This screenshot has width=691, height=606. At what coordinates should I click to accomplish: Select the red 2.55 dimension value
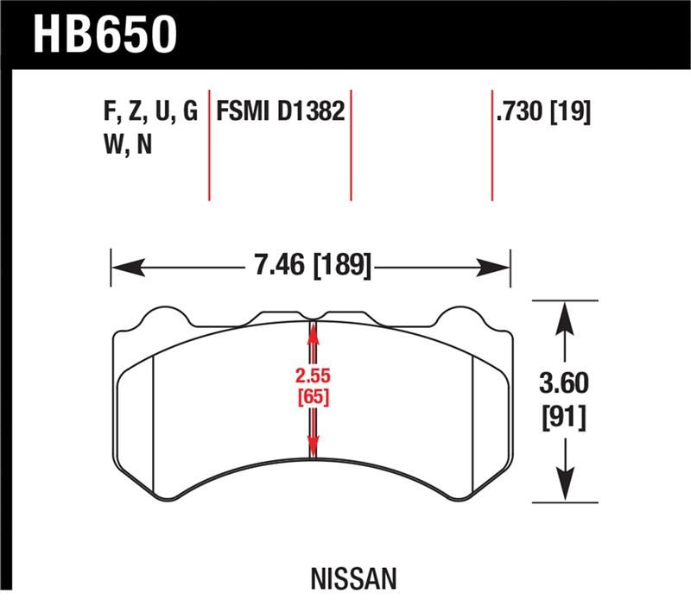[313, 377]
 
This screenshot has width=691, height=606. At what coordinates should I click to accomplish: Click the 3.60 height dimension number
[565, 382]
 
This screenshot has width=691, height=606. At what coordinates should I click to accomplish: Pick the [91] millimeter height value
[565, 418]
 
